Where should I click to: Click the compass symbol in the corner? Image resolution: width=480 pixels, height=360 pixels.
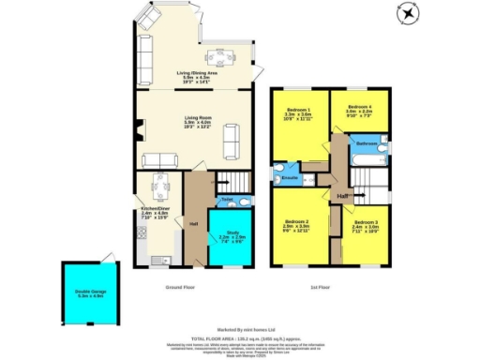407,13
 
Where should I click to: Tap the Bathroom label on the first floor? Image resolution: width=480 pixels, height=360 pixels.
367,143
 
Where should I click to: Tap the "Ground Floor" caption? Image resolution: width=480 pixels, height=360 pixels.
180,287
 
